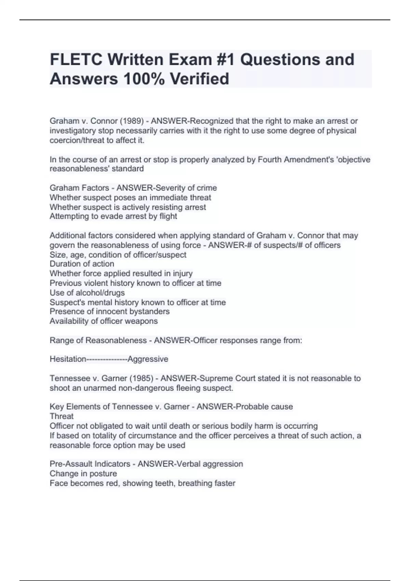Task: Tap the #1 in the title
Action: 226,60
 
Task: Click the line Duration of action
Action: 82,264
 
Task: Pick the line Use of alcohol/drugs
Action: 87,293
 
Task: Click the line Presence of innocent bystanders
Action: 110,311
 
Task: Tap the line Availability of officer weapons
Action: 104,321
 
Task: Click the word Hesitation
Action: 68,359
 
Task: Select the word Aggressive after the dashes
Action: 148,359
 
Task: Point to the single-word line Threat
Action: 61,416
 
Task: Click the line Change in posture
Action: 83,474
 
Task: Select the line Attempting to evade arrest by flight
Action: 113,216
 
